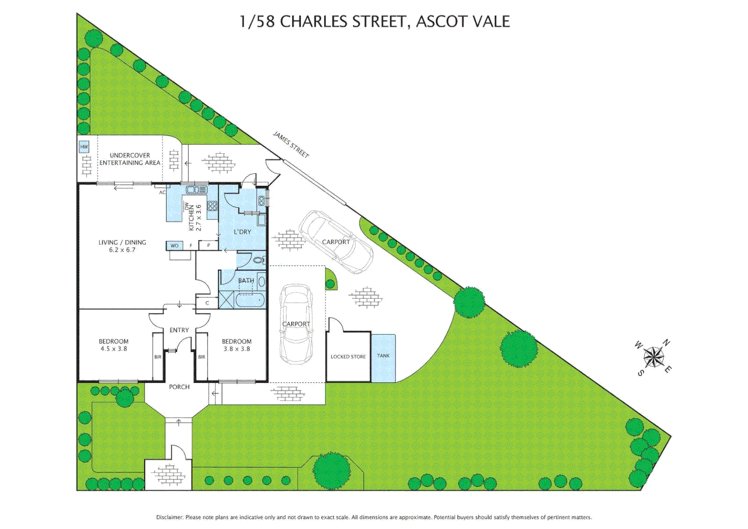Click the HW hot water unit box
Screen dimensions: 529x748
click(84, 146)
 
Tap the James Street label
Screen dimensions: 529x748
click(291, 144)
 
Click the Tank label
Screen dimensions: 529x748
click(383, 356)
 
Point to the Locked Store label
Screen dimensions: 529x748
click(348, 357)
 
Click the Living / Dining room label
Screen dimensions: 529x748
click(122, 246)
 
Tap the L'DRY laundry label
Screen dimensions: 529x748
click(242, 232)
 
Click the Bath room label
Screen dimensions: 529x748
click(246, 281)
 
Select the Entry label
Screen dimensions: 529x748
click(179, 330)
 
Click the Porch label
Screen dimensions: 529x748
click(179, 387)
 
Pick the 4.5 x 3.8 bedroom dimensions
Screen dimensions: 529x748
click(114, 349)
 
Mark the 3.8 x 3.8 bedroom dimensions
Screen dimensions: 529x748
click(236, 349)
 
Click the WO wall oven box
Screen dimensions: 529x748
click(174, 245)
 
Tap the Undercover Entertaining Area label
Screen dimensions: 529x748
click(130, 159)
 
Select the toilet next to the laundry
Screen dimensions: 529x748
click(258, 260)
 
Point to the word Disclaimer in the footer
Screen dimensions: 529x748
click(169, 517)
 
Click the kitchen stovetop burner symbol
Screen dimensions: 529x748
click(212, 206)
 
